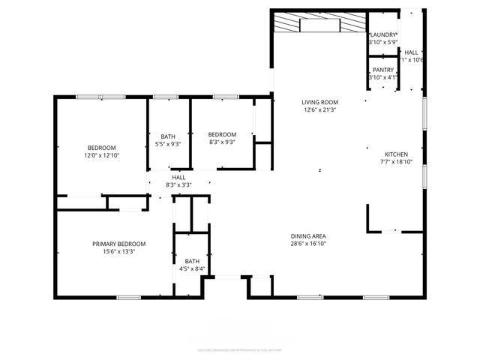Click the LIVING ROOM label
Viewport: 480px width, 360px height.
(x=320, y=102)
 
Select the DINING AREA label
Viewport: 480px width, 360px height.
(x=308, y=236)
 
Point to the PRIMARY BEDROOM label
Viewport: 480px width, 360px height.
(x=118, y=244)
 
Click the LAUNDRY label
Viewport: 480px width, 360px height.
(x=382, y=34)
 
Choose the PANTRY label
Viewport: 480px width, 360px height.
(x=382, y=69)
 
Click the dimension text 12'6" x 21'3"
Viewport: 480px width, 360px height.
(x=320, y=110)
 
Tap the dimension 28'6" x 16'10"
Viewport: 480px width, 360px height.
(x=308, y=244)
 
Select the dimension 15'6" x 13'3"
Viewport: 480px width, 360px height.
(x=118, y=252)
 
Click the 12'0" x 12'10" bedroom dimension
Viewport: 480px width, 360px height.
(x=101, y=155)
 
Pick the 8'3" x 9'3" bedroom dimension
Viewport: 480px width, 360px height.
(x=222, y=142)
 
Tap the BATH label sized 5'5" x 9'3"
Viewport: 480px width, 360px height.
(x=168, y=136)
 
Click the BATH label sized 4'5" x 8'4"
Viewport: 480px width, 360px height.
(x=193, y=260)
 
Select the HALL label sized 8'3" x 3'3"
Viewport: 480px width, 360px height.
(x=178, y=177)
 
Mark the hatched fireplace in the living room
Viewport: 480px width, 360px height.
(x=319, y=23)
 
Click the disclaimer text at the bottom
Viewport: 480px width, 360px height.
(x=240, y=350)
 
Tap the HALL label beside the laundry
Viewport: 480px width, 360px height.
(x=412, y=52)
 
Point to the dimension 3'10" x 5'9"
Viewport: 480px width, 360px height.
(x=382, y=43)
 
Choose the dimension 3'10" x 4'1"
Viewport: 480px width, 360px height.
(x=382, y=77)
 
